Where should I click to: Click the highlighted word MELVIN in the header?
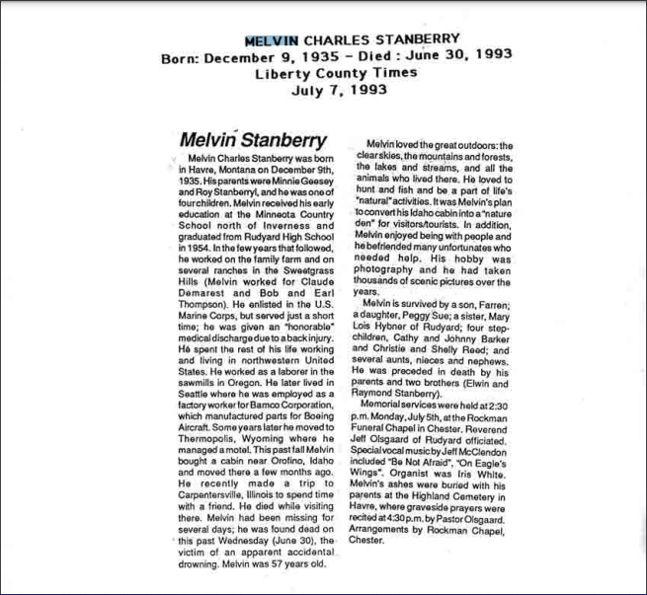(271, 39)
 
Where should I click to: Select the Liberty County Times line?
(323, 73)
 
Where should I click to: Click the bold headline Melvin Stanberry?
(253, 140)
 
